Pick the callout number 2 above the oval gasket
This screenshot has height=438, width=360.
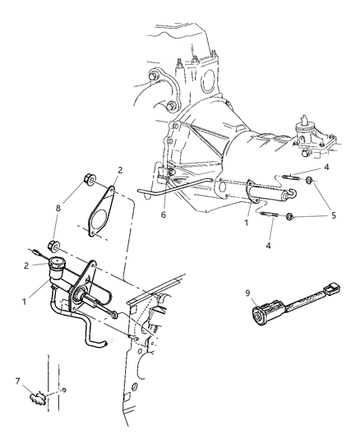[119, 170]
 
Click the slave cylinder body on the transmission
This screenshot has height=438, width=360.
[261, 197]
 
